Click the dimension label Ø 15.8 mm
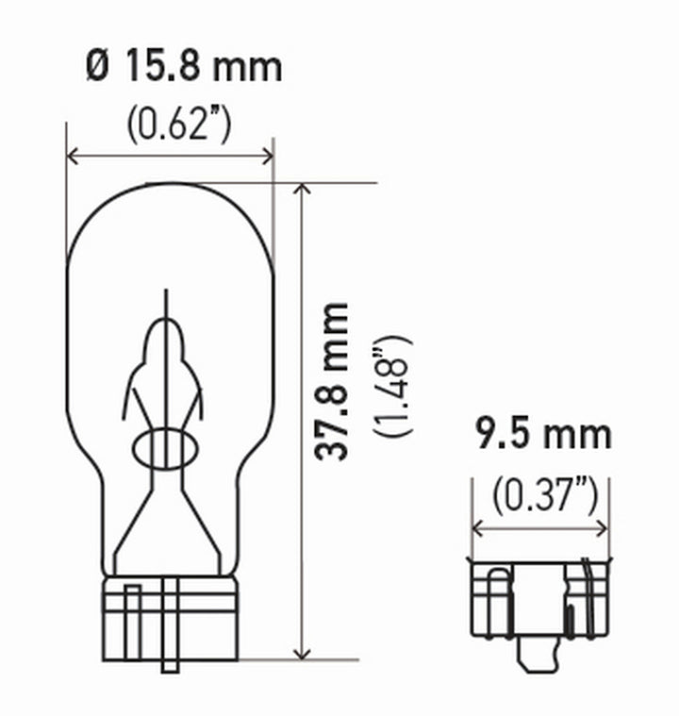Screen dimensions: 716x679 (x=183, y=67)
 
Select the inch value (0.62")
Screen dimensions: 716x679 (x=178, y=124)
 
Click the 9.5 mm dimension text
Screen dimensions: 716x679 (x=541, y=436)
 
